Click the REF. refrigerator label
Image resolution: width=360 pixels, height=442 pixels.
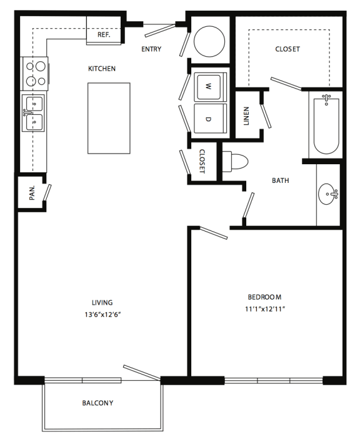coord(104,36)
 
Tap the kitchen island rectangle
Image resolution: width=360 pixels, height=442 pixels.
coord(109,117)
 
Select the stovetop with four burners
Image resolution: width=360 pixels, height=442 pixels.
coord(34,72)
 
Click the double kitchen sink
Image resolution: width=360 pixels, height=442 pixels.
coord(33,112)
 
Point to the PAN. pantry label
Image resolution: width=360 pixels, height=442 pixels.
coord(31,194)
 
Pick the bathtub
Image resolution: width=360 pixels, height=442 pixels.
coord(326,124)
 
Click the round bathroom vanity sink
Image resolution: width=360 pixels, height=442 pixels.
coord(327,195)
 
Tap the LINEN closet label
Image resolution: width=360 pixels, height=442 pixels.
coord(247,115)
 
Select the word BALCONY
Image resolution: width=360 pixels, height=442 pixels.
coord(98,403)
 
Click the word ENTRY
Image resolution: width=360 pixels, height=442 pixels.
coord(152,49)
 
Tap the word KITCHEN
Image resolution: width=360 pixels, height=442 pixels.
coord(102,69)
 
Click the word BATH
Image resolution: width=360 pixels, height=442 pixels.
coord(281,181)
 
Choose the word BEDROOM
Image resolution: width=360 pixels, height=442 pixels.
coord(264,297)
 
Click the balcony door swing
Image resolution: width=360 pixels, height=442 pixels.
coord(142,372)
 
